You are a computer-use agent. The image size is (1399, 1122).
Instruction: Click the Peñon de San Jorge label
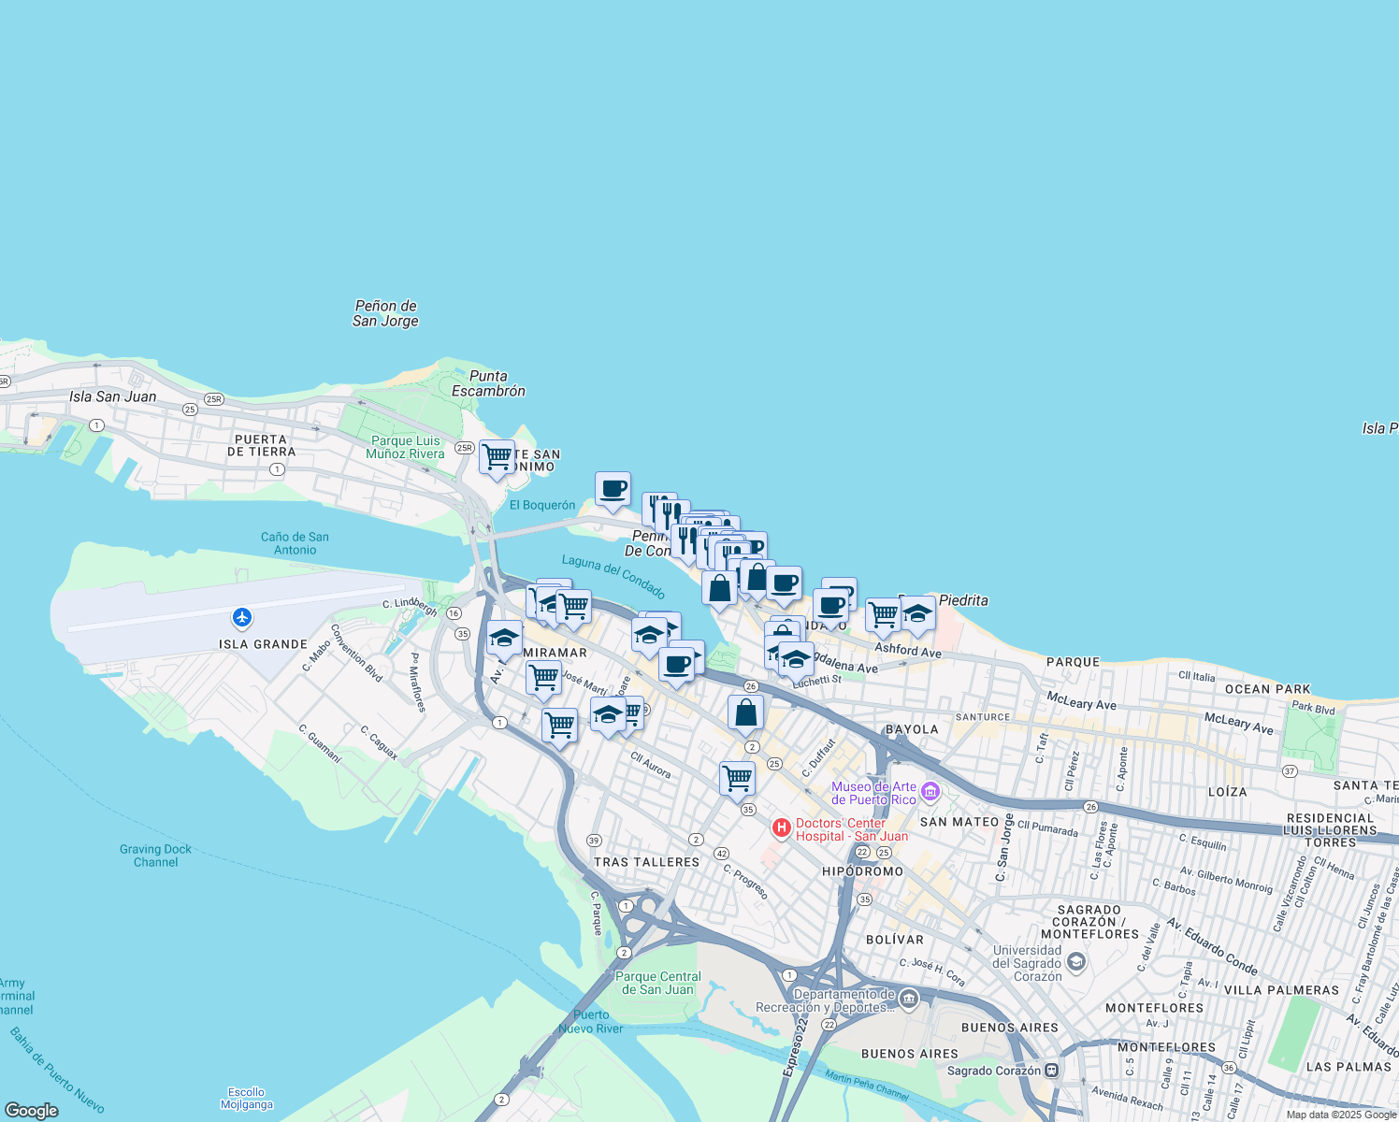point(385,313)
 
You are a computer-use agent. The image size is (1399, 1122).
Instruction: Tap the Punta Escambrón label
point(488,383)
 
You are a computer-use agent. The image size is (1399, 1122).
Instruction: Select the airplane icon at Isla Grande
point(242,617)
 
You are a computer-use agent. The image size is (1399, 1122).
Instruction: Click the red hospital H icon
point(782,828)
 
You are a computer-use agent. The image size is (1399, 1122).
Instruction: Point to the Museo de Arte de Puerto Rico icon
point(930,793)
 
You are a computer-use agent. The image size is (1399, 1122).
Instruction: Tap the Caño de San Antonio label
point(295,543)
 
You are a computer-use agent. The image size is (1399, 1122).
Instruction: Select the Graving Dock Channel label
point(155,856)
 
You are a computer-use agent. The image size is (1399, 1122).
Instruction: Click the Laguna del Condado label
point(613,576)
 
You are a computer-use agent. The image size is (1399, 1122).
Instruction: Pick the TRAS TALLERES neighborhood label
point(647,862)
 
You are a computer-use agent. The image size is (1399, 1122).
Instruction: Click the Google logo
point(32,1110)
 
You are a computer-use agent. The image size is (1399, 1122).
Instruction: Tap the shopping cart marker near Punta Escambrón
point(497,457)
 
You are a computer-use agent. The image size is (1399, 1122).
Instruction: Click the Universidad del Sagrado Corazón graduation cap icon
point(1075,962)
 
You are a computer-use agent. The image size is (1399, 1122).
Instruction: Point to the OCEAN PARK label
point(1267,689)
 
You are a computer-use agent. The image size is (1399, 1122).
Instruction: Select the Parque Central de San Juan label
point(658,983)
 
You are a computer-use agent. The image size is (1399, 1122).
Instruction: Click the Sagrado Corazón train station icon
point(1052,1071)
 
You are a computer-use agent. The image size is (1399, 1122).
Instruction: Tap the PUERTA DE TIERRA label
point(261,445)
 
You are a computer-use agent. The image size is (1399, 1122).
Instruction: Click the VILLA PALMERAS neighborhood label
point(1281,990)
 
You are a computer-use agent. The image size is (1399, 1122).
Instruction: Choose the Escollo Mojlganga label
point(246,1098)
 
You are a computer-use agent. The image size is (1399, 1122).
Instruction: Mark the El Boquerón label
point(542,505)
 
